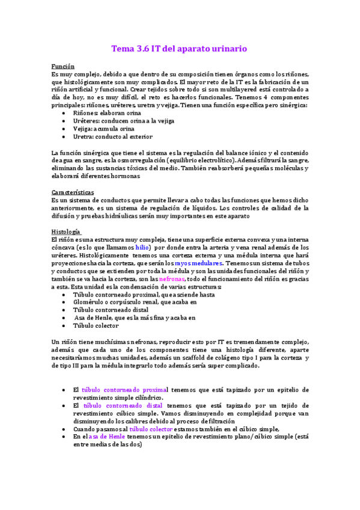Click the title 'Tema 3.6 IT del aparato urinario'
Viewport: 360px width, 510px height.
point(180,48)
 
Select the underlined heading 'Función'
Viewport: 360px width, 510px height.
point(63,66)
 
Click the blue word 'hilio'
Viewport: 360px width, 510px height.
point(142,247)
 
